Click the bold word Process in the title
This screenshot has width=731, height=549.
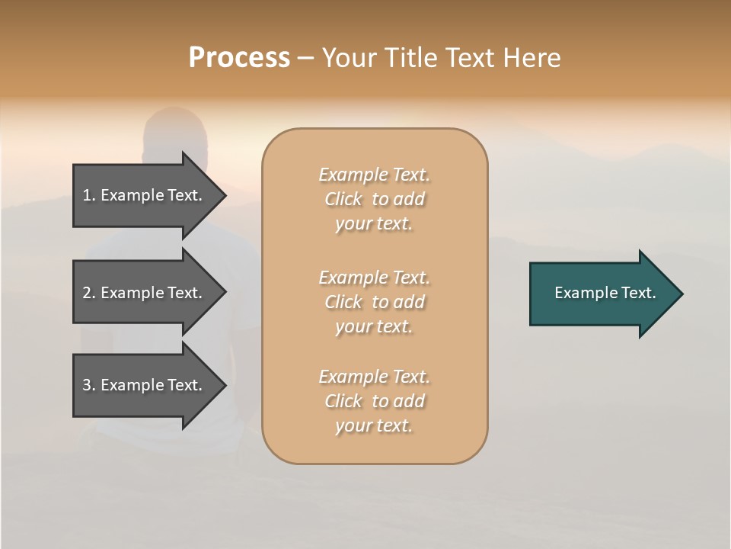(x=239, y=57)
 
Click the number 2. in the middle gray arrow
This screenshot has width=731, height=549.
(x=88, y=293)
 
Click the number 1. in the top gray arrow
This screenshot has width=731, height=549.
(x=88, y=195)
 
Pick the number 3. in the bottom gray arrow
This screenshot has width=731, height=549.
(x=88, y=385)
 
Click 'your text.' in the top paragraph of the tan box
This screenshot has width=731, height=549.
(x=374, y=224)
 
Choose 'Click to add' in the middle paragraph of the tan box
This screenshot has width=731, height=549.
(x=374, y=302)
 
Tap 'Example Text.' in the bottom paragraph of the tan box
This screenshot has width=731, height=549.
(x=374, y=377)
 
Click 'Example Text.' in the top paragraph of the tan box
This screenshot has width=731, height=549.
(x=374, y=175)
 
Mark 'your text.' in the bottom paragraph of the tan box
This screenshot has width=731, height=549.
(x=374, y=425)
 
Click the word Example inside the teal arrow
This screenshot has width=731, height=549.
(x=582, y=293)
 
